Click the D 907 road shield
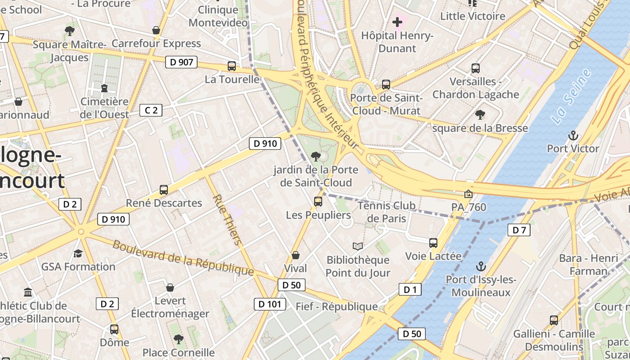tap(182, 62)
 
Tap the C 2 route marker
tap(151, 110)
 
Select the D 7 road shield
tap(519, 230)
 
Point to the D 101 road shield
tap(270, 304)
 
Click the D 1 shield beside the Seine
tap(410, 289)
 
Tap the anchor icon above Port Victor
tap(573, 135)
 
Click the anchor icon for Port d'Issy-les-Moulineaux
tap(481, 266)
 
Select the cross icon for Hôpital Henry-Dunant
tap(397, 22)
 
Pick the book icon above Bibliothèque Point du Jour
tap(358, 246)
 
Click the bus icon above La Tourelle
tap(232, 66)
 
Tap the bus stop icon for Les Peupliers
tap(318, 201)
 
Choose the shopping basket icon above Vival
tap(296, 255)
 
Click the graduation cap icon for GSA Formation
tap(78, 253)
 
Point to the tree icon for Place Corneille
tap(179, 339)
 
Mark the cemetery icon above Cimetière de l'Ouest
tap(104, 88)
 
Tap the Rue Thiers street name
tap(227, 220)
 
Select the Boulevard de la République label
tap(183, 258)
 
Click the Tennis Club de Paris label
tap(387, 212)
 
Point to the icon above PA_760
tap(468, 194)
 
